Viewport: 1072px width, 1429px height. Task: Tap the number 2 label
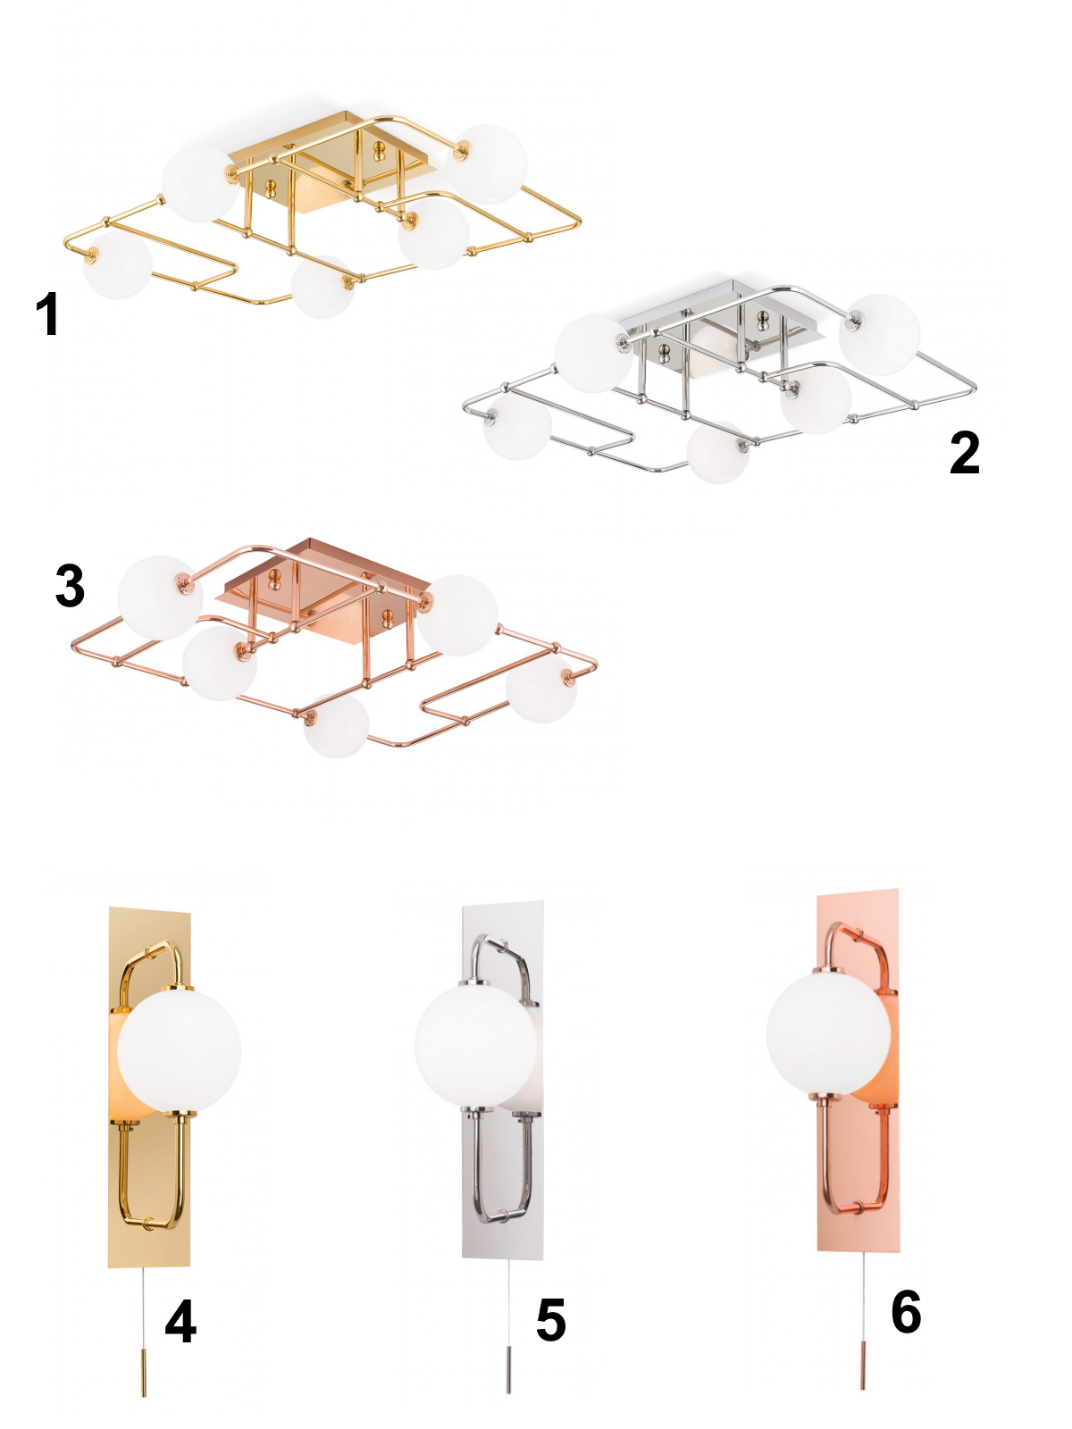[964, 453]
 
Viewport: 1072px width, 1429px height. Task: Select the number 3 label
[71, 585]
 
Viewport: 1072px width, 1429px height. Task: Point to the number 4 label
[181, 1321]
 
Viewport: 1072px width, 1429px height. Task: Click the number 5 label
[550, 1319]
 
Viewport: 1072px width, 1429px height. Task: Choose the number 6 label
[906, 1311]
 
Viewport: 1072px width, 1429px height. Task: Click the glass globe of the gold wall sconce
[179, 1051]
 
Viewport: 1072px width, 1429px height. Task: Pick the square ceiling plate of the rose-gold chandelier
[323, 589]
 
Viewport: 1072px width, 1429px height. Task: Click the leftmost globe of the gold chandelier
[118, 265]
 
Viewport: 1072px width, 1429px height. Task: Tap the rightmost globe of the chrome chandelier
[879, 335]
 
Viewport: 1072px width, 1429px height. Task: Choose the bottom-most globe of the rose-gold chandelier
[337, 725]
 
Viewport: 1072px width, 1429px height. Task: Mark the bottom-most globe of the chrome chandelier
[718, 453]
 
